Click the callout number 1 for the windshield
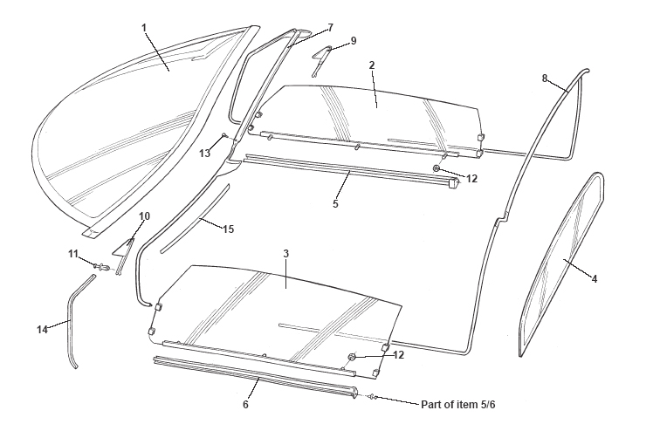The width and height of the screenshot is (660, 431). (x=144, y=27)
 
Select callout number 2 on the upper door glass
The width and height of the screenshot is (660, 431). (x=372, y=65)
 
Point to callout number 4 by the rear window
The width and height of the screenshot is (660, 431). (x=595, y=280)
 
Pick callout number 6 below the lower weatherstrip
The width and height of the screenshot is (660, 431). (x=245, y=404)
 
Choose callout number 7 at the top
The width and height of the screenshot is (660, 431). (x=330, y=27)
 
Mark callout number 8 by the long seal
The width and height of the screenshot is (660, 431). (x=545, y=79)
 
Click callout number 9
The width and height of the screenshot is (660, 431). (x=354, y=40)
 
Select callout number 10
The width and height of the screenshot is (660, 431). (x=145, y=215)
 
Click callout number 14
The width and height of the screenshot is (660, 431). (x=41, y=329)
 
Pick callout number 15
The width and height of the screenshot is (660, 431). (x=228, y=230)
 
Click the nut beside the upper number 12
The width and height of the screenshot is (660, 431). (x=436, y=167)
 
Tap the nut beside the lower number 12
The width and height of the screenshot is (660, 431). (x=353, y=356)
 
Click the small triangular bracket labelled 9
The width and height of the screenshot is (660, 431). (x=320, y=58)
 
